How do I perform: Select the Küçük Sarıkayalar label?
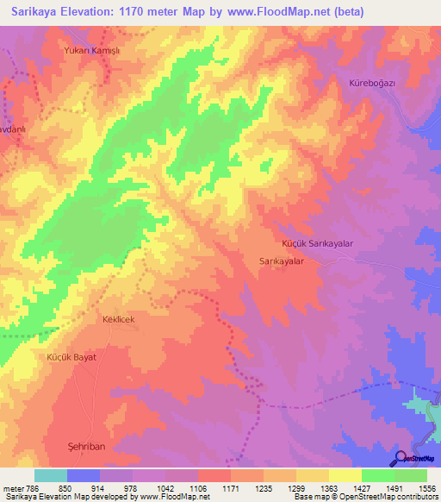click(x=318, y=244)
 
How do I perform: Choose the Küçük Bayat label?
click(x=71, y=356)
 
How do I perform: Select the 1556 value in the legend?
click(x=425, y=487)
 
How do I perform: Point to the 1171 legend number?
click(x=230, y=487)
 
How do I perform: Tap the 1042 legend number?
click(x=165, y=487)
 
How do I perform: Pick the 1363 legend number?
click(x=328, y=487)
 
